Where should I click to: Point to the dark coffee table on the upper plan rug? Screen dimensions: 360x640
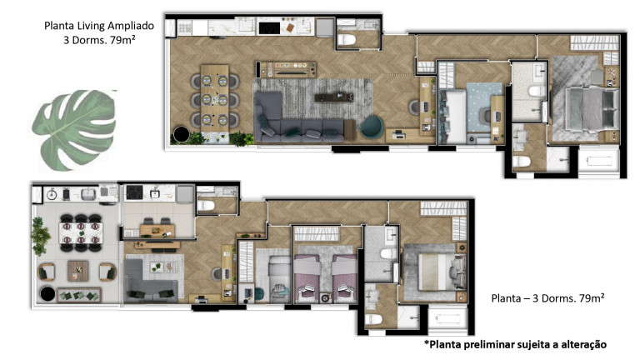(x=332, y=97)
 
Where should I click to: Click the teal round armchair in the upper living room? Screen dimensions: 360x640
(x=371, y=125)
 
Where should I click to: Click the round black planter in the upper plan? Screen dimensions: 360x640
(x=179, y=133)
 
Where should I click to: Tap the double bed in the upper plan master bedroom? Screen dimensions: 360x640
(x=583, y=106)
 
